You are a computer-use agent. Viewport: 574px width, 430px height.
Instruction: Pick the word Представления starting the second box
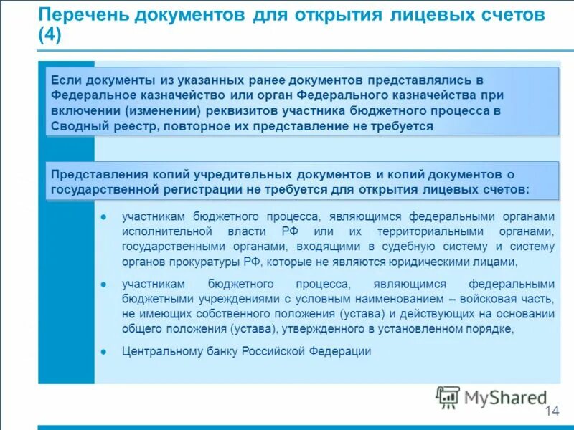(x=99, y=174)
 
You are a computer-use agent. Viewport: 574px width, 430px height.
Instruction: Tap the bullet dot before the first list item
(x=103, y=216)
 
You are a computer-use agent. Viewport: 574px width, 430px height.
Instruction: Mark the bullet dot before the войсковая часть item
(x=103, y=284)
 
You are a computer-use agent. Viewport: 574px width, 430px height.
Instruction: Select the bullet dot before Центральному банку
(x=103, y=352)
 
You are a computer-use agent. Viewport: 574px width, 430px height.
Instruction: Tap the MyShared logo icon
(x=448, y=397)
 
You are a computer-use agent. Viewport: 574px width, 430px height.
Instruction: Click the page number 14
(x=552, y=411)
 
